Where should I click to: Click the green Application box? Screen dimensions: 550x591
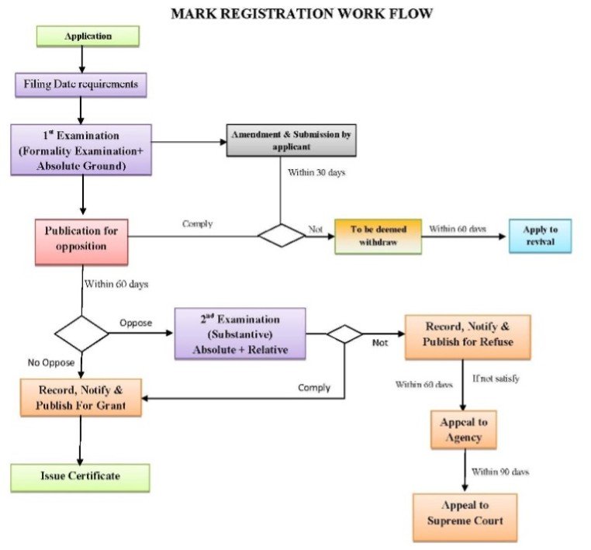[x=88, y=36]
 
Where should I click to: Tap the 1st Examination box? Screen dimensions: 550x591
[x=81, y=149]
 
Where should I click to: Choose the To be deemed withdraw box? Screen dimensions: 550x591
[x=378, y=236]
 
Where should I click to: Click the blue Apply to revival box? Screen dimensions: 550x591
[x=540, y=236]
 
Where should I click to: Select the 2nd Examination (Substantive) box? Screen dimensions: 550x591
[x=240, y=334]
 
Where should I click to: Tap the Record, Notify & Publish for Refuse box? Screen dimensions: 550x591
[x=468, y=336]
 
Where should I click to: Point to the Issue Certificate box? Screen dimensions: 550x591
[x=80, y=476]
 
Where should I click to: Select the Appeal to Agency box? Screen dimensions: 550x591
[x=463, y=429]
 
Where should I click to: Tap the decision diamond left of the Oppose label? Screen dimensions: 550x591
[x=81, y=334]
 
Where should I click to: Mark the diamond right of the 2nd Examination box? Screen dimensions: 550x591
[x=344, y=334]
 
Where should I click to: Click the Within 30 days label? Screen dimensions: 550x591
[x=316, y=172]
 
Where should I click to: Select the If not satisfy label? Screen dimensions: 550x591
[x=496, y=379]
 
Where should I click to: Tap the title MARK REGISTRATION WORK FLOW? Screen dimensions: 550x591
[x=302, y=13]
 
